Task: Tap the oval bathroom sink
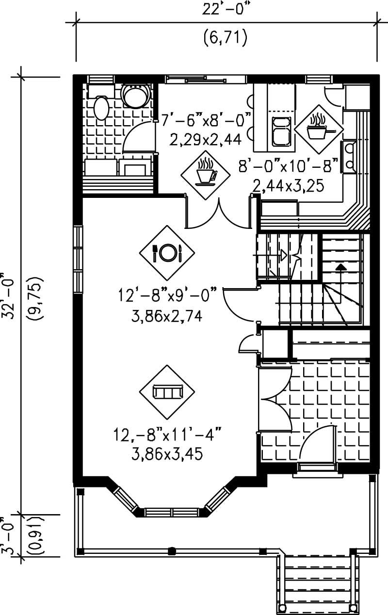(101, 108)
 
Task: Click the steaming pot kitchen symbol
(318, 126)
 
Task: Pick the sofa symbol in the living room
(166, 391)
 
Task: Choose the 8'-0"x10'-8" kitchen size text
(288, 166)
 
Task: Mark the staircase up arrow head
(341, 266)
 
